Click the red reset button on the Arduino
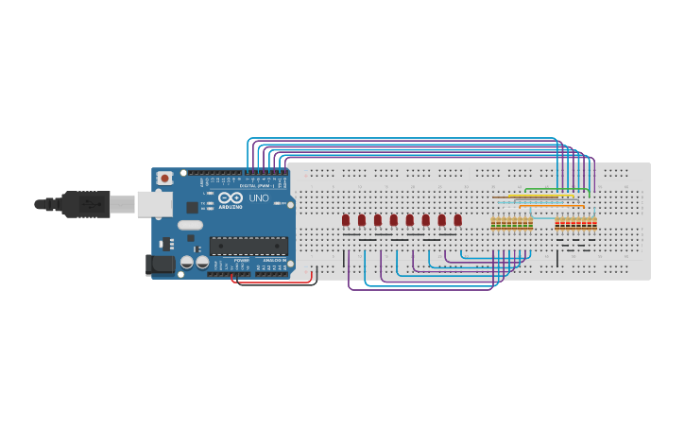click(x=164, y=178)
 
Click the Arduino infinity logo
click(x=231, y=197)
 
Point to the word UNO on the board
click(x=259, y=197)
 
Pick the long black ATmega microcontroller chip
click(x=248, y=246)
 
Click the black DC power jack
click(x=162, y=265)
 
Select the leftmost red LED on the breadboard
click(x=346, y=220)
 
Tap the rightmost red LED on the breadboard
click(x=458, y=220)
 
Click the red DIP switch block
click(x=575, y=224)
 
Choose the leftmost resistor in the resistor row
click(x=493, y=224)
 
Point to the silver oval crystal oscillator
click(x=190, y=225)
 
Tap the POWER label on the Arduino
click(x=242, y=261)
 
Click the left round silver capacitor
click(x=187, y=261)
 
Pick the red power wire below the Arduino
click(x=274, y=284)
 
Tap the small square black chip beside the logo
click(x=192, y=207)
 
